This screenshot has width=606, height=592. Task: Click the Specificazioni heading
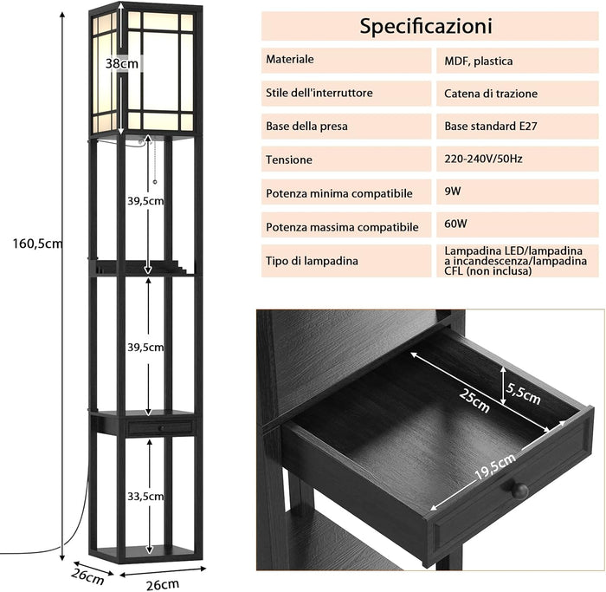coord(426,26)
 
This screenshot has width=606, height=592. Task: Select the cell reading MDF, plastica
coord(479,61)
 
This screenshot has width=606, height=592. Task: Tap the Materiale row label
coord(290,60)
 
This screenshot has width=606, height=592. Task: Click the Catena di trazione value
coord(491,93)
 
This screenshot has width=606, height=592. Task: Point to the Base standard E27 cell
coord(491,126)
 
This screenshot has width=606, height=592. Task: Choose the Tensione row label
coord(290,160)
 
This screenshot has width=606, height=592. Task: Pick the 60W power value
coord(456,224)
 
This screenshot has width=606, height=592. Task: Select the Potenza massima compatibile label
coord(342,227)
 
